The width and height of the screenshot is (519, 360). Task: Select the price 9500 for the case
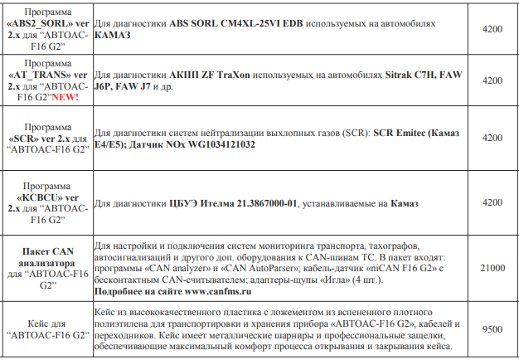492,329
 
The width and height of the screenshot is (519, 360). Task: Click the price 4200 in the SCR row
492,138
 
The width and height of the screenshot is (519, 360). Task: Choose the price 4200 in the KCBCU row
492,202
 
